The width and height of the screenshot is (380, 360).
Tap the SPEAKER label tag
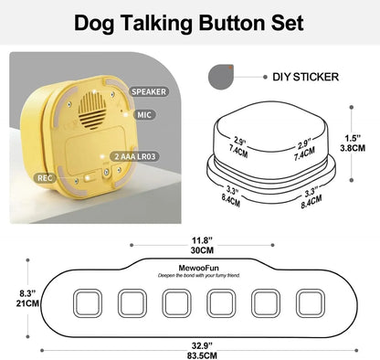[x=148, y=91]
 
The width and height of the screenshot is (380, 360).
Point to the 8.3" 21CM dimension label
[x=16, y=298]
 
